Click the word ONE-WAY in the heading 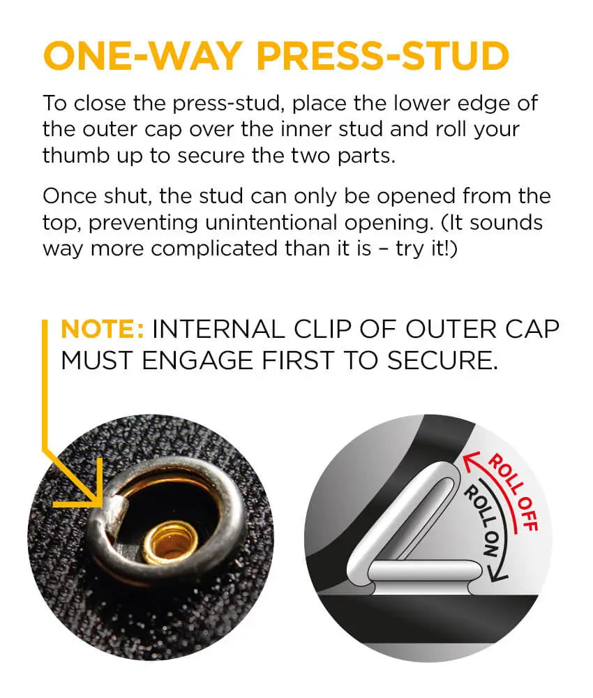point(143,56)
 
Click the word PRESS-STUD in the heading point(383,56)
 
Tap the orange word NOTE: point(103,329)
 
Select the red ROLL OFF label point(514,492)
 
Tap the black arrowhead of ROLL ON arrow point(497,574)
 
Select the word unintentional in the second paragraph point(271,222)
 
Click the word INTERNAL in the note point(218,329)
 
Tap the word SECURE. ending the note point(442,361)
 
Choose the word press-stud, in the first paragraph point(228,105)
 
